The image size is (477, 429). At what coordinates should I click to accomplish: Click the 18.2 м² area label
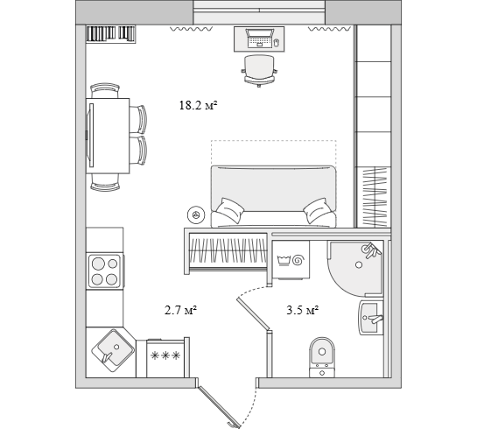click(198, 106)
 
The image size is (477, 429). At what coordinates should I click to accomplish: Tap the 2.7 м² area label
click(180, 310)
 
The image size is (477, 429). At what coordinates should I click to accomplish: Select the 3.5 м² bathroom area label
click(302, 310)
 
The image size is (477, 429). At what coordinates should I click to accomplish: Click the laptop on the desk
click(259, 39)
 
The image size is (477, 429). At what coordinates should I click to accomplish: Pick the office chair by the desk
click(259, 71)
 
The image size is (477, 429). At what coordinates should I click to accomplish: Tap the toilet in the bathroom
click(322, 357)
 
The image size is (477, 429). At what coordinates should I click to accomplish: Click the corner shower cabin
click(355, 269)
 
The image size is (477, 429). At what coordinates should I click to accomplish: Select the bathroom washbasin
click(371, 318)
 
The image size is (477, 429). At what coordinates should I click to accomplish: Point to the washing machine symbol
click(291, 260)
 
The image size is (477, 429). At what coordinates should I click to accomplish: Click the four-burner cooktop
click(105, 271)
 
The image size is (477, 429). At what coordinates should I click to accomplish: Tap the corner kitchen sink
click(113, 350)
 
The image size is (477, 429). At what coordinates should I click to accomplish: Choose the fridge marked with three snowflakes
click(165, 358)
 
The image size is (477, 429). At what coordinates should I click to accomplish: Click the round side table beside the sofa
click(196, 214)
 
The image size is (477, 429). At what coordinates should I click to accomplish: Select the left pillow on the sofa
click(229, 210)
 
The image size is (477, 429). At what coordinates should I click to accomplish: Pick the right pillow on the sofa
click(318, 210)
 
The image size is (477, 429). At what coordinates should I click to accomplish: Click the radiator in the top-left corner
click(110, 33)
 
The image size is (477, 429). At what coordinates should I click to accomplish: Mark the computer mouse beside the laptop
click(277, 42)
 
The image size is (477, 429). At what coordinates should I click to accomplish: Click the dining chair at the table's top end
click(105, 90)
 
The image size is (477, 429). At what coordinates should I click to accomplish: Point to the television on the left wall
click(89, 136)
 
